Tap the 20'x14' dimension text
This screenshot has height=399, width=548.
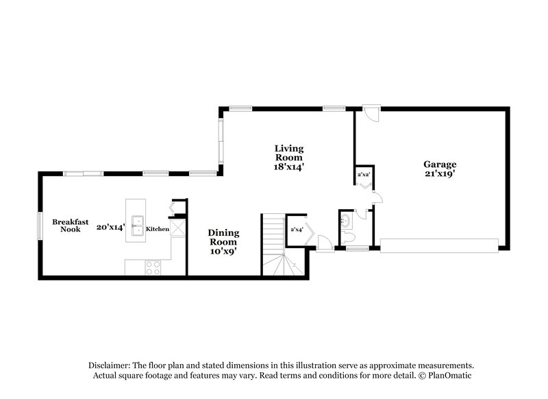click(x=110, y=227)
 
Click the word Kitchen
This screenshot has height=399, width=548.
click(x=157, y=228)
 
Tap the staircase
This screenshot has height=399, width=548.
click(x=276, y=243)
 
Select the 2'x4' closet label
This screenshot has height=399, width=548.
click(x=297, y=229)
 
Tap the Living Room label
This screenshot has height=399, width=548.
click(x=289, y=156)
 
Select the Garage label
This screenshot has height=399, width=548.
click(x=439, y=169)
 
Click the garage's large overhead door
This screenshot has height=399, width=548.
click(x=439, y=245)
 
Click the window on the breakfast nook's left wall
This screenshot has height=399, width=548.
click(x=40, y=225)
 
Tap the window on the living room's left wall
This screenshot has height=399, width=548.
click(x=220, y=142)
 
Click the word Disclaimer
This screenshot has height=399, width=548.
click(x=112, y=365)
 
